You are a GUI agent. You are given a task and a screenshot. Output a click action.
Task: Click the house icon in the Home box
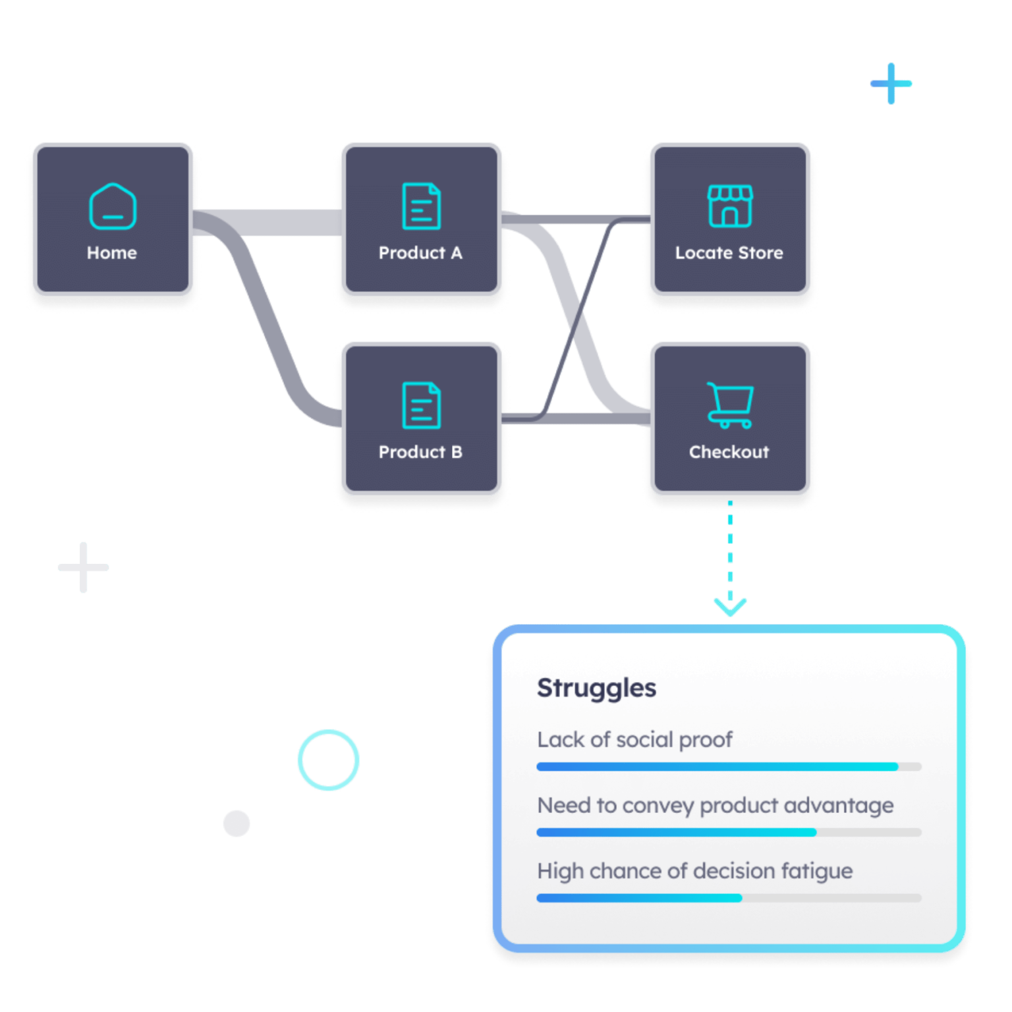point(113,206)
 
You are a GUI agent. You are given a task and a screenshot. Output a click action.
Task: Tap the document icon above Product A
point(421,206)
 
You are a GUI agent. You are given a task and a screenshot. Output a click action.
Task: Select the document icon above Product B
point(421,405)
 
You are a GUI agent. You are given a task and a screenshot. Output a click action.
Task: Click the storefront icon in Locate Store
point(729,206)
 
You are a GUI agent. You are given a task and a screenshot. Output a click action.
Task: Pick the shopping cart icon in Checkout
point(729,405)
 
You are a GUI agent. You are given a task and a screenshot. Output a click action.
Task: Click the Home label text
point(112,253)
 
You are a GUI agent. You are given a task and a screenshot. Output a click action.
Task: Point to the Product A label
point(420,253)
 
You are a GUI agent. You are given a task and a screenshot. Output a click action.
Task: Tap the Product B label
point(420,452)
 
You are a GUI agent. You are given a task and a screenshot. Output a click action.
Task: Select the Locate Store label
point(729,253)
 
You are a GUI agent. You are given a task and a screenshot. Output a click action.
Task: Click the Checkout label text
point(729,452)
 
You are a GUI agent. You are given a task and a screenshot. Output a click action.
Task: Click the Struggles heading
point(596,688)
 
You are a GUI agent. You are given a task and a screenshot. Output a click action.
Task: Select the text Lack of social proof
point(634,740)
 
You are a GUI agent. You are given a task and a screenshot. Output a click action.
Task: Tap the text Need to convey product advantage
point(715,805)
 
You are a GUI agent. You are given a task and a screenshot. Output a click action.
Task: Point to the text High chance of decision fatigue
point(694,871)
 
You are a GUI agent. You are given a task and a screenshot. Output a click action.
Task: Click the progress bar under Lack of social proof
point(729,767)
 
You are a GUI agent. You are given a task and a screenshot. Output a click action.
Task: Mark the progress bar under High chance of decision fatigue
point(729,898)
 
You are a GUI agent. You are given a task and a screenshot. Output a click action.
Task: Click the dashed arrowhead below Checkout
point(730,606)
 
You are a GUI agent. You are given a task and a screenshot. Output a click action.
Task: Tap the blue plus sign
point(891,84)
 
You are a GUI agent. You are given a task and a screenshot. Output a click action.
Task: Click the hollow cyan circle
point(328,760)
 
